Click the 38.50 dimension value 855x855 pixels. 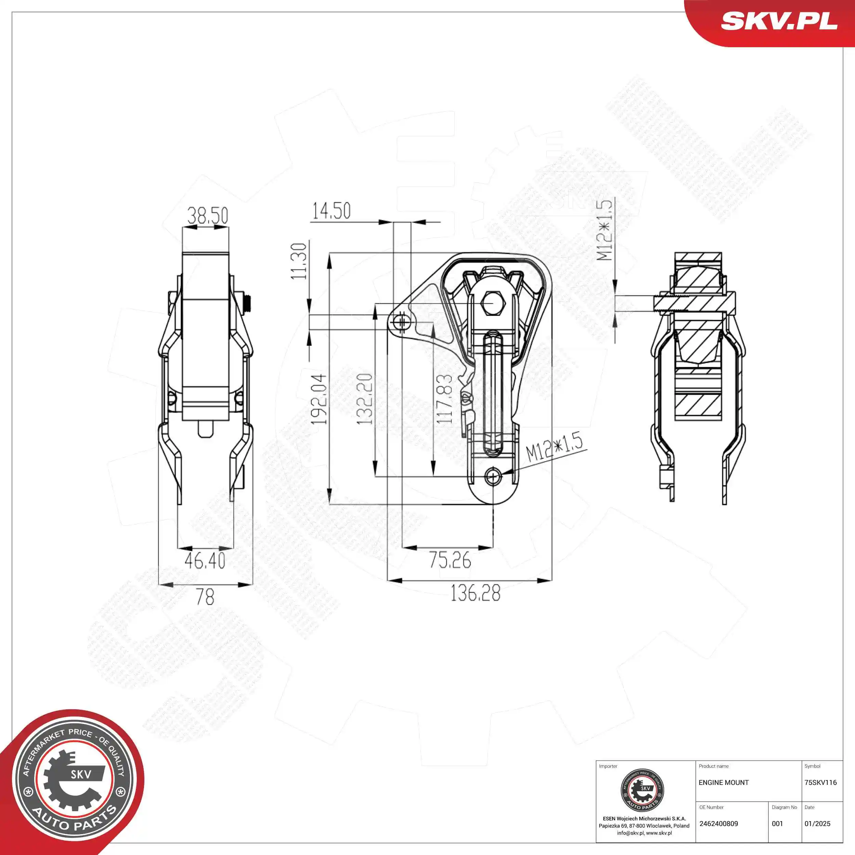pos(208,215)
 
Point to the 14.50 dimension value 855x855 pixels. pos(331,211)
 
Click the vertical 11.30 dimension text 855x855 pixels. pos(299,261)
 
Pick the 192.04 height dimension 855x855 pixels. pos(319,399)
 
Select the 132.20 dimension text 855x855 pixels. pos(365,399)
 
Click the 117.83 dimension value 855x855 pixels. pos(444,399)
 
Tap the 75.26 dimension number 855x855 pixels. pos(450,560)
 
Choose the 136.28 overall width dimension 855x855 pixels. pos(475,593)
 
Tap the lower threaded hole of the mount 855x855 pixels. pos(492,477)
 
